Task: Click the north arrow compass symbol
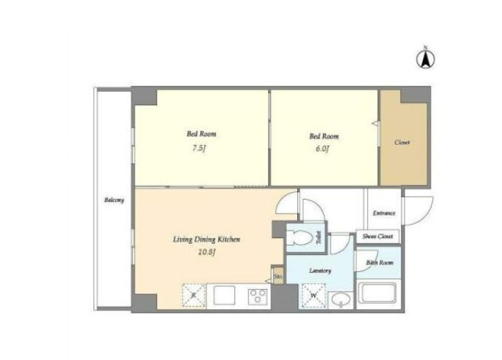425,58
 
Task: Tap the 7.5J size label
199,148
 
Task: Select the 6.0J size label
322,149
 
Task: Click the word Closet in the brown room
401,143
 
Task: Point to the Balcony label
114,200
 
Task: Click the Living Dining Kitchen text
206,240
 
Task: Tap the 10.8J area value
206,252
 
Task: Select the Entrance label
384,213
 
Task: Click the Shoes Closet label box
378,237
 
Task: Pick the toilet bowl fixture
299,237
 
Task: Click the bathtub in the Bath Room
378,293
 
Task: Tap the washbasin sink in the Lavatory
341,300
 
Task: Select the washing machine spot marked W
313,296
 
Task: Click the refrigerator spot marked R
194,296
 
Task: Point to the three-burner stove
258,296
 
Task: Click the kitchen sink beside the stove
225,296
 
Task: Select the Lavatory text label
320,271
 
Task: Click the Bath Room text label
380,262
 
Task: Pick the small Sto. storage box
278,276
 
